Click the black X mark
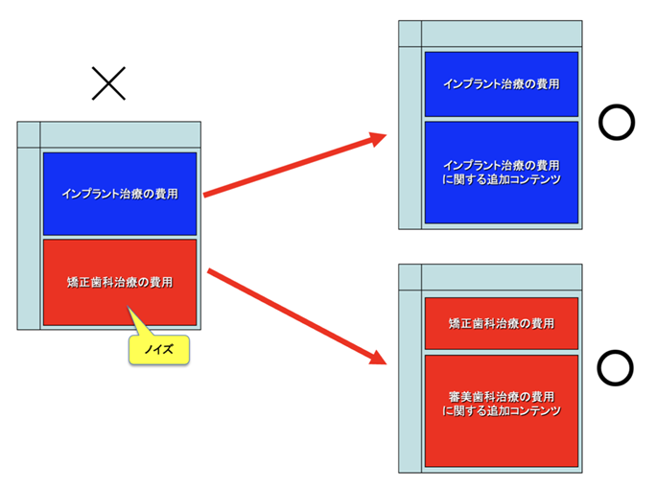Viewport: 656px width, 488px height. pos(108,84)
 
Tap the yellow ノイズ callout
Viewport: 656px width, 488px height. pos(159,350)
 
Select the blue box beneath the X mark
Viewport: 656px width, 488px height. pos(119,193)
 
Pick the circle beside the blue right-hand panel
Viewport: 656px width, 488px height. pos(616,122)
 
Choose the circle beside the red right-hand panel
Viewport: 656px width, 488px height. pos(616,367)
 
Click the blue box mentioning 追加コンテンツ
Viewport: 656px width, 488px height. pos(501,172)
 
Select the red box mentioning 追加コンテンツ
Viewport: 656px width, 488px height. pos(501,410)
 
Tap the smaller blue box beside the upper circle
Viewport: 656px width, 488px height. pos(501,83)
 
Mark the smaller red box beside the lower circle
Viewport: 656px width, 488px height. pos(501,323)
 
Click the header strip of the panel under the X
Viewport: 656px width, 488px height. pos(120,133)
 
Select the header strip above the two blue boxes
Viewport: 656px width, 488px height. pos(502,33)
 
